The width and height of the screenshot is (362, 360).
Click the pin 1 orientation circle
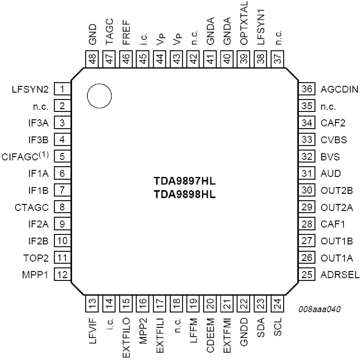click(87, 96)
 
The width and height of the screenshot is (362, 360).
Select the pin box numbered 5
click(62, 156)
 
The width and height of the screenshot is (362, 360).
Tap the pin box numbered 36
click(307, 89)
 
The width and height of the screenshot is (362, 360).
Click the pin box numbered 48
click(92, 59)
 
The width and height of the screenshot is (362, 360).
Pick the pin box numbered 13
click(92, 304)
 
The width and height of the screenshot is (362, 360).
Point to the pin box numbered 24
click(277, 304)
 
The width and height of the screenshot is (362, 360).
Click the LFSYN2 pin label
click(30, 89)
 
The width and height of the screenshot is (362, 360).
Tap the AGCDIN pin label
click(339, 89)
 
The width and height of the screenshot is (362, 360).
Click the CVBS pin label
click(334, 140)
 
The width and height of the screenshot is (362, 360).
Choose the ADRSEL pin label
click(340, 275)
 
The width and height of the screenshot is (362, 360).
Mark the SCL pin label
click(277, 327)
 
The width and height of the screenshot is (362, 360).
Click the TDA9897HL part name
click(185, 181)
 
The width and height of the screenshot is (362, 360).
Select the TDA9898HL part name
click(185, 195)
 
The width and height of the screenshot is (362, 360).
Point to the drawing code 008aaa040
click(319, 309)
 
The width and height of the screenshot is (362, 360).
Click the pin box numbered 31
click(307, 173)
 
